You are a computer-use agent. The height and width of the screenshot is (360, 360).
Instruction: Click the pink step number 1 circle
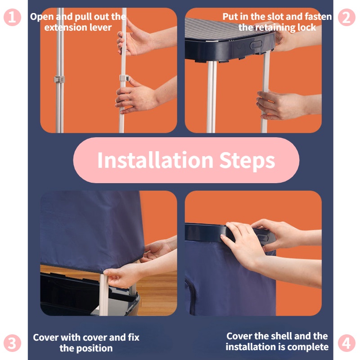click(x=13, y=17)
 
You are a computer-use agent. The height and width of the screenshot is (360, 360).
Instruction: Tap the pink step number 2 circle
click(x=346, y=17)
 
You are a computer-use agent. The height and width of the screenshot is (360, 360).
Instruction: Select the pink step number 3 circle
click(x=13, y=343)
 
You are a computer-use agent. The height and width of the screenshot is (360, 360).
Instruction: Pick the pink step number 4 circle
click(x=346, y=343)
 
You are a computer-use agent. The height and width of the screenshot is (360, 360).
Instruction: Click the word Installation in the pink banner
click(x=155, y=160)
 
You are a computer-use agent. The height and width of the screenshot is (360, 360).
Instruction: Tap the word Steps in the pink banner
click(x=247, y=161)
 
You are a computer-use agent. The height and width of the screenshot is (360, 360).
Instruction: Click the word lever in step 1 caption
click(x=100, y=27)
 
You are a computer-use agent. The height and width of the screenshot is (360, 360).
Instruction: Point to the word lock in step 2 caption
click(x=307, y=27)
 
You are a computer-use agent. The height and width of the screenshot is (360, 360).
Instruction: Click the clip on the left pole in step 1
click(x=59, y=80)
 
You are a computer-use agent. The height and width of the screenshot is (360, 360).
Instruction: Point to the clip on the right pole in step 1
click(x=125, y=78)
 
